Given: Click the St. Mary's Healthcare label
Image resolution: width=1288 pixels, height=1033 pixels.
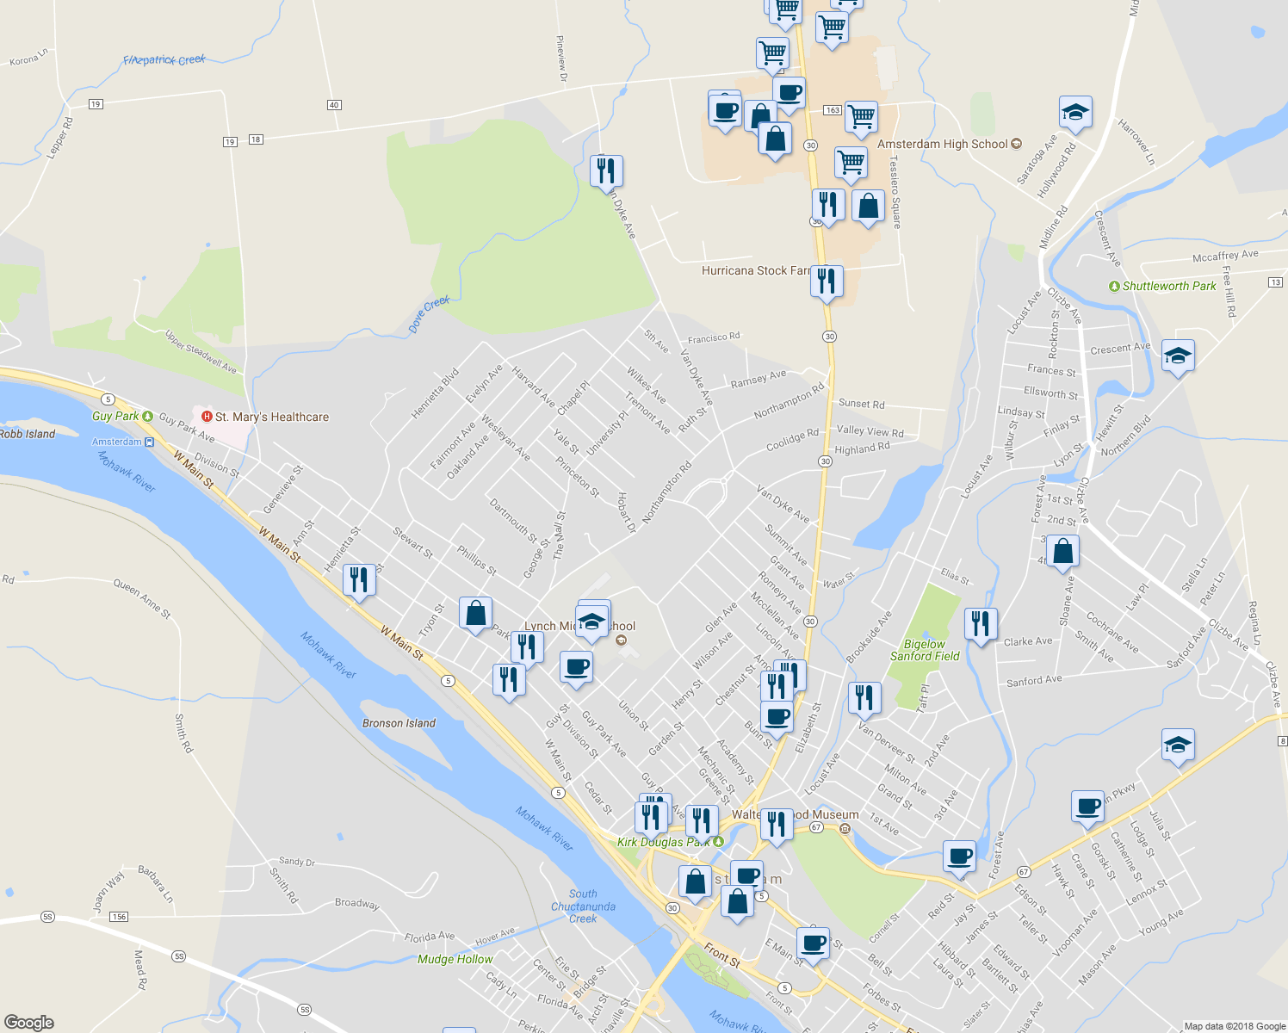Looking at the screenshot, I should (x=271, y=417).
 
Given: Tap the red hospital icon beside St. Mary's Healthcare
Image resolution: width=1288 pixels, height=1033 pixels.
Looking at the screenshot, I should (x=207, y=417).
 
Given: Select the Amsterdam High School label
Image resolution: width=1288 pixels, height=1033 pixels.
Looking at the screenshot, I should (x=942, y=144).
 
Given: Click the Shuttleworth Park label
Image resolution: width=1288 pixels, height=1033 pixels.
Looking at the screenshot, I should (x=1169, y=286).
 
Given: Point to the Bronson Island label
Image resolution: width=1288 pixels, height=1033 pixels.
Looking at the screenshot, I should (x=399, y=723).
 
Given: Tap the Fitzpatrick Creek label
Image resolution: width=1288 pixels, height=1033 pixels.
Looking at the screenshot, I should (x=164, y=60).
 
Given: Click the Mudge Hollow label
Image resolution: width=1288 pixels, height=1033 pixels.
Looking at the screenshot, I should (x=455, y=959).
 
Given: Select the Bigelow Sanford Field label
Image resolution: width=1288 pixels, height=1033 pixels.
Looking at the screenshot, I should (x=925, y=650).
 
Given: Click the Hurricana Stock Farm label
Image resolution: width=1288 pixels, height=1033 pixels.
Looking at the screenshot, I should (x=755, y=270).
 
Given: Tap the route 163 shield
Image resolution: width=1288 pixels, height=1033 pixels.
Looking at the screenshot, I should (x=832, y=110).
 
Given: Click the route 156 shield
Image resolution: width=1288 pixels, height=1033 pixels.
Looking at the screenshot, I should (x=119, y=916).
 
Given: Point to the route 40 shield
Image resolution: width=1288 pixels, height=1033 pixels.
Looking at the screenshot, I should (x=334, y=105).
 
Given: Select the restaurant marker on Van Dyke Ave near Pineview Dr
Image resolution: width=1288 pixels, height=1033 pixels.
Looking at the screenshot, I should (x=606, y=170).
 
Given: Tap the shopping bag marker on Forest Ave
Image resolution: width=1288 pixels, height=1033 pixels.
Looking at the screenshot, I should (x=1063, y=552).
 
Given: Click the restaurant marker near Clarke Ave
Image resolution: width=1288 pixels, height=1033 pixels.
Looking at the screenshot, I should (x=981, y=622).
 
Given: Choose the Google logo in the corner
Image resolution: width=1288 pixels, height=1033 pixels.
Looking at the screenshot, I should (x=28, y=1022).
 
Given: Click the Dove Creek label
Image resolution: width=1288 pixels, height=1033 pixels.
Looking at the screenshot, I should (x=429, y=313).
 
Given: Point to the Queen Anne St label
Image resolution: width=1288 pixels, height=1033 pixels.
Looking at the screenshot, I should (x=143, y=598).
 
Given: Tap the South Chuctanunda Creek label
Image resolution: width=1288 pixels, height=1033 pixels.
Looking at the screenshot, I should (x=583, y=906).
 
